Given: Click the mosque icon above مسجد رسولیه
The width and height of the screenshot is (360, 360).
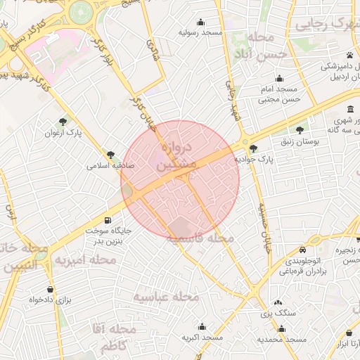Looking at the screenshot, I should click(202, 22).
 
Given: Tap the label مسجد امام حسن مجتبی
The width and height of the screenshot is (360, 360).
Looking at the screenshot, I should click(281, 95).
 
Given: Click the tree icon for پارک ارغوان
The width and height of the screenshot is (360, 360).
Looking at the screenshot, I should click(64, 122).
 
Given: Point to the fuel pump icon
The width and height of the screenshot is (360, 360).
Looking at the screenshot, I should click(108, 219).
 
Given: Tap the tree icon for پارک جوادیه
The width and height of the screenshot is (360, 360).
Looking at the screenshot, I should click(253, 148).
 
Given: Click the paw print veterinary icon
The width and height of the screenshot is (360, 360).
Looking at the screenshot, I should click(349, 55).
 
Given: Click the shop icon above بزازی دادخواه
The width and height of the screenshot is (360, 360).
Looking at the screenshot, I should click(50, 289).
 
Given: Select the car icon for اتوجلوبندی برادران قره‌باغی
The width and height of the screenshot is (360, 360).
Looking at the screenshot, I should click(302, 250).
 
